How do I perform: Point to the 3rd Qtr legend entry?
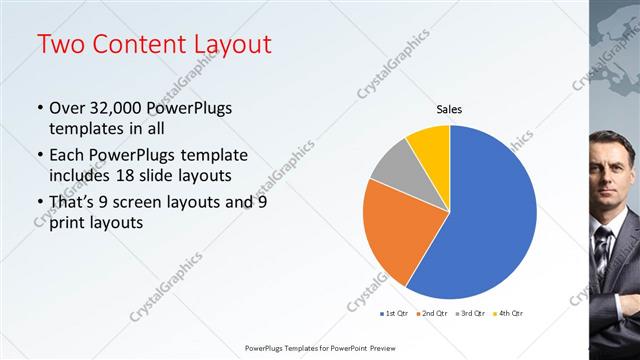pyautogui.click(x=471, y=313)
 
